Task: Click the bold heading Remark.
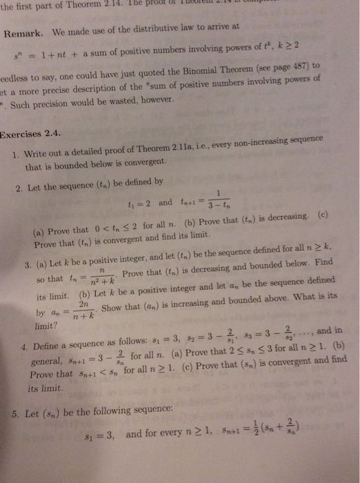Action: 25,32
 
